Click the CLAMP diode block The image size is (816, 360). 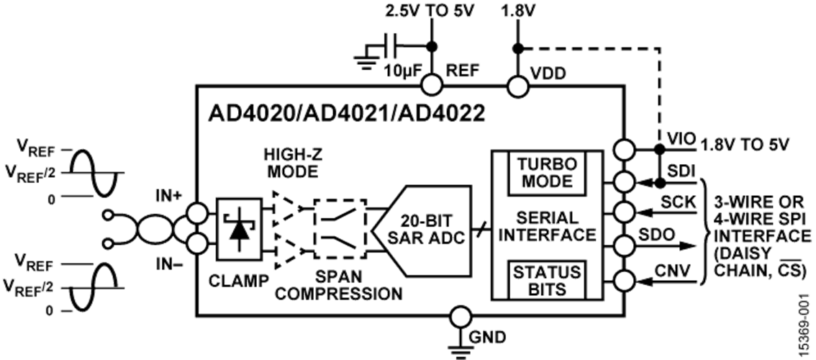tap(239, 229)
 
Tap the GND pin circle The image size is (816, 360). tap(461, 316)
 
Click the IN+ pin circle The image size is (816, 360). tap(198, 212)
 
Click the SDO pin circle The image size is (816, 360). tap(625, 244)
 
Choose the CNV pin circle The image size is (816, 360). tap(625, 282)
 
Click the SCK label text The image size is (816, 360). tap(679, 202)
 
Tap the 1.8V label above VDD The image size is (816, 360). tap(516, 10)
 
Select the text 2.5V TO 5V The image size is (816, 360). tap(430, 10)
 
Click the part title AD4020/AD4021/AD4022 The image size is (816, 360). tap(347, 114)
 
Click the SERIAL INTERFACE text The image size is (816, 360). tap(548, 226)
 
